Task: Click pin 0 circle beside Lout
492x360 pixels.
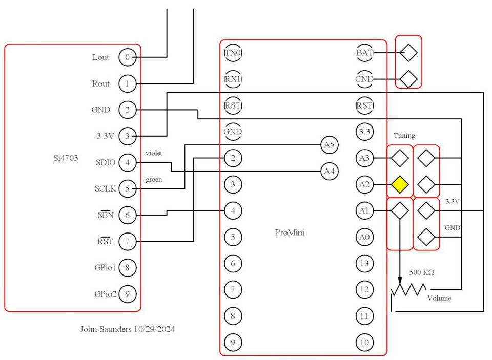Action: [127, 57]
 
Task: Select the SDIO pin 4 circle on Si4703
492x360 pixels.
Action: [127, 163]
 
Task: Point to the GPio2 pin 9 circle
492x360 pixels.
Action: [127, 294]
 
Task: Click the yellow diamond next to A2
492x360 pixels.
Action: [400, 184]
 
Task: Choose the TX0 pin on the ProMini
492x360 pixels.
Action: [233, 53]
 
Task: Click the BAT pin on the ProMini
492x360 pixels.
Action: [364, 53]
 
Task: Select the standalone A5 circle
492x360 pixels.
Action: [329, 145]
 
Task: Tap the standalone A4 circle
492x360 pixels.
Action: [329, 172]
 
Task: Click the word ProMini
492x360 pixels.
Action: [290, 232]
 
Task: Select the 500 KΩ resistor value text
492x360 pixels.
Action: [421, 272]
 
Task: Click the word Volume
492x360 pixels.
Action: [439, 298]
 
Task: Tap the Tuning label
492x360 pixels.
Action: [404, 136]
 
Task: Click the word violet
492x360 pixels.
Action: [154, 153]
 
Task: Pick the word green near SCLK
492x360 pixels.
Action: [154, 180]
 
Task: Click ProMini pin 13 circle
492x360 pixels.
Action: [364, 263]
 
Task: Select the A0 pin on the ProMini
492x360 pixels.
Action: [364, 237]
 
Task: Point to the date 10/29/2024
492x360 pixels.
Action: [153, 329]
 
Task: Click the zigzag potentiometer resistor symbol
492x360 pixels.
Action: [408, 290]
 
